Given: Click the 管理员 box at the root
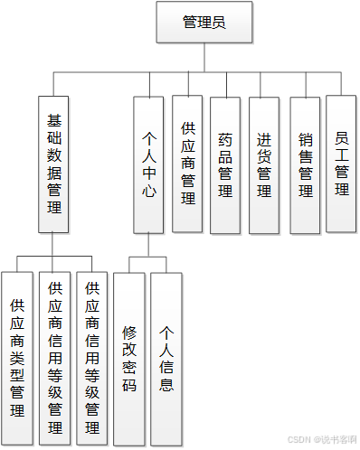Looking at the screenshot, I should tap(204, 23).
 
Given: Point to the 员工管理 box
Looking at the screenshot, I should tap(341, 164).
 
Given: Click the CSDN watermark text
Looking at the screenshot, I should tap(321, 440).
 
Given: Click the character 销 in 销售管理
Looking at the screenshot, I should tap(305, 140).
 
